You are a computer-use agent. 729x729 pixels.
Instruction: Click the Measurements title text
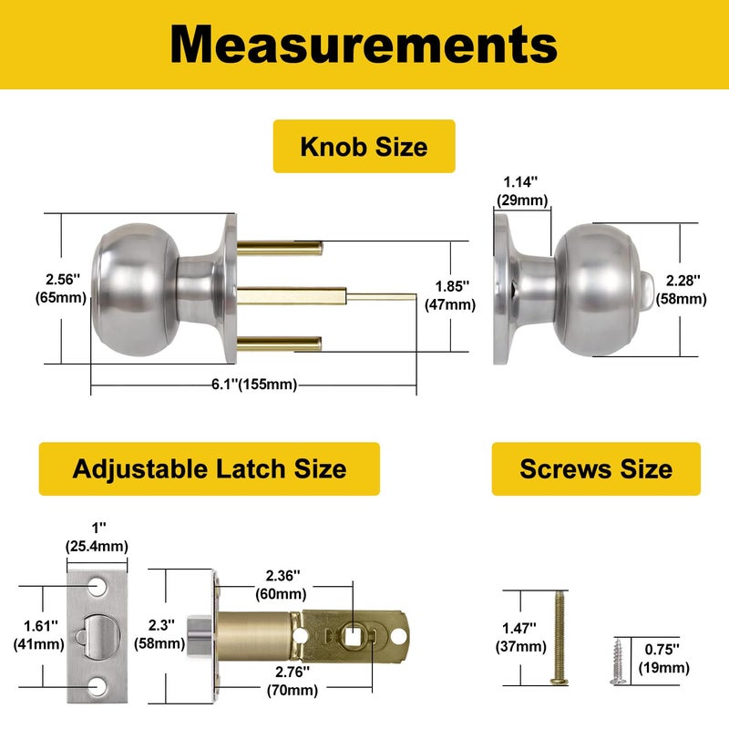pyautogui.click(x=364, y=44)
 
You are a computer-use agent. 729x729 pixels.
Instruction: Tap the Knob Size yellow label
pyautogui.click(x=364, y=146)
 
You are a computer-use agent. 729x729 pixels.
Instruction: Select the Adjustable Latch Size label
pyautogui.click(x=209, y=469)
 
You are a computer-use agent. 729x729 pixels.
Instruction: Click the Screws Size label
pyautogui.click(x=596, y=469)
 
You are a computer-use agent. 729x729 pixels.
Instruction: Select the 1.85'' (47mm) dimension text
pyautogui.click(x=450, y=295)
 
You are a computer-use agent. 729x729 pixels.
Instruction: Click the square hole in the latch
pyautogui.click(x=352, y=631)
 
